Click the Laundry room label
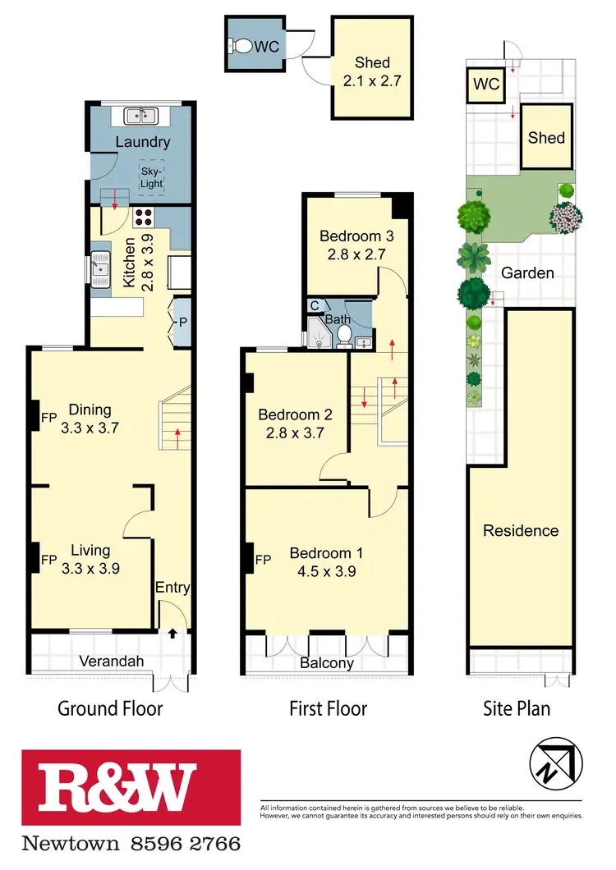click(x=142, y=142)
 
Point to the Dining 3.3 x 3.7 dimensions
click(x=90, y=427)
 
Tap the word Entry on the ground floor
click(x=172, y=588)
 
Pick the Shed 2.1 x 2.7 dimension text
click(x=372, y=80)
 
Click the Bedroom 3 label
click(x=356, y=236)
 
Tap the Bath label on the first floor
click(x=338, y=318)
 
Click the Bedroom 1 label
click(x=326, y=553)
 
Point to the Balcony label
click(x=326, y=663)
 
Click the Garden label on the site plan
click(x=527, y=273)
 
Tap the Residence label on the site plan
click(x=520, y=531)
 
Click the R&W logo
click(x=131, y=788)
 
